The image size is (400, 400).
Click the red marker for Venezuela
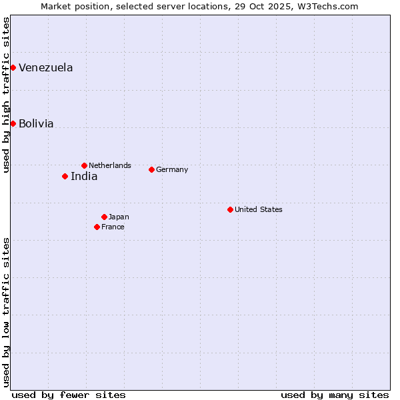pos(13,67)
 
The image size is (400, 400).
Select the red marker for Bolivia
pos(13,123)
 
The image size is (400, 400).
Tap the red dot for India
pos(65,176)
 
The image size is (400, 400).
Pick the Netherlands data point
pos(84,165)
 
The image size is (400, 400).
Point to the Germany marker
pos(151,169)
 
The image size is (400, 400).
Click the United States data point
pos(230,209)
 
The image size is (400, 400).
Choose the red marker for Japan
pos(104,217)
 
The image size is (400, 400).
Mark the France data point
pos(97,227)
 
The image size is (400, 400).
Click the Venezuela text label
pos(45,67)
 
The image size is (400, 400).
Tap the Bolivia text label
pos(36,123)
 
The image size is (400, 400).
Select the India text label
pos(84,177)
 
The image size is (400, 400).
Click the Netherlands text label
pos(110,165)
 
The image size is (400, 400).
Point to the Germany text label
pos(172,169)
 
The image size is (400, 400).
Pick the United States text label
pos(259,209)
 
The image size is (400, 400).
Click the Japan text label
pos(119,217)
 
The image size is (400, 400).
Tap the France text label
pos(113,227)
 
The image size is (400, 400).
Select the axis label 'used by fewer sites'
pos(69,395)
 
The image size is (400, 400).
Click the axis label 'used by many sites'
pos(335,395)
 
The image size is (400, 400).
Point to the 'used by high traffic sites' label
pos(6,95)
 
